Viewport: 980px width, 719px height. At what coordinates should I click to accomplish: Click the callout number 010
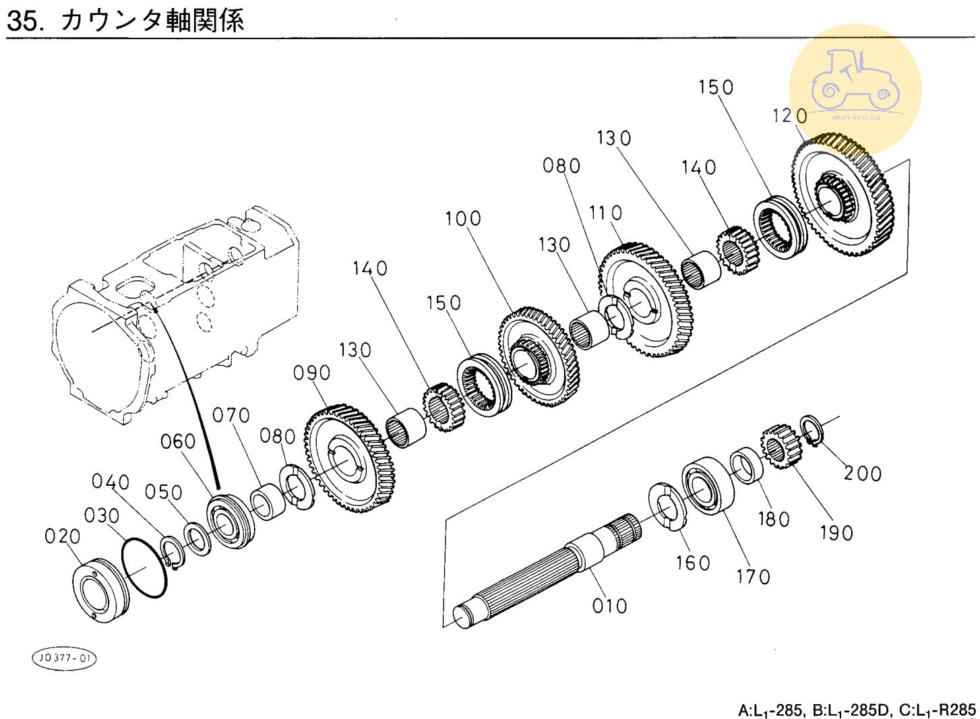point(609,606)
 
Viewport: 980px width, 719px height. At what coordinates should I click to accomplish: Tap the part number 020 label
point(62,536)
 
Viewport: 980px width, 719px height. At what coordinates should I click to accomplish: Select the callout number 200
point(862,473)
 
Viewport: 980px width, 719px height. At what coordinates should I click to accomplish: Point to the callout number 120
point(789,116)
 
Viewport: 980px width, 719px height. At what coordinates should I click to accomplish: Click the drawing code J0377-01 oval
point(64,658)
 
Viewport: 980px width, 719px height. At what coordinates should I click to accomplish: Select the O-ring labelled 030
point(144,567)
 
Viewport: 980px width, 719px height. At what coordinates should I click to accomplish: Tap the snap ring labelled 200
point(812,431)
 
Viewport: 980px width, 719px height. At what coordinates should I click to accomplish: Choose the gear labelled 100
point(539,357)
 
